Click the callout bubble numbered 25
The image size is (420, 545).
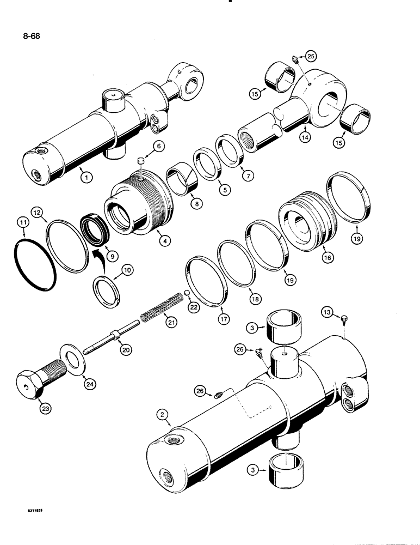coord(310,56)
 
